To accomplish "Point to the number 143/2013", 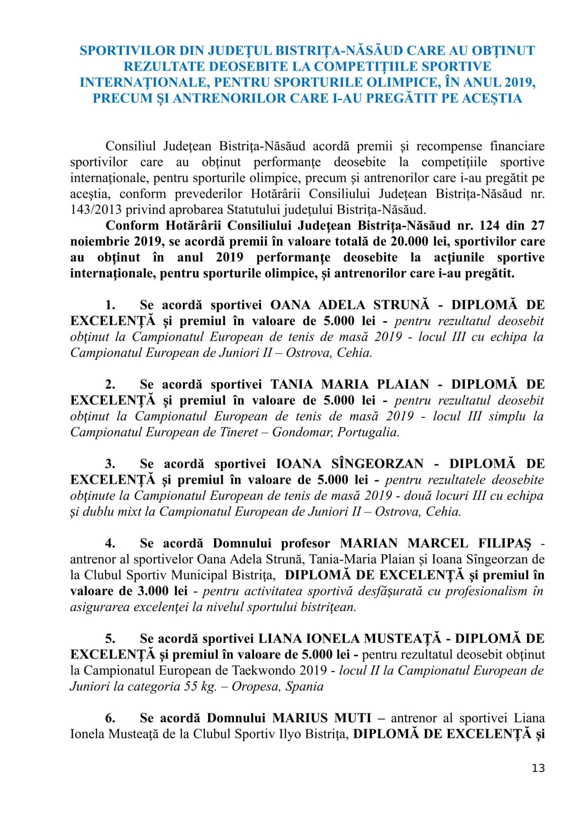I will (x=96, y=209).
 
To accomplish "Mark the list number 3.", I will (x=110, y=463).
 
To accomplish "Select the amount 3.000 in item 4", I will (x=153, y=591).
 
